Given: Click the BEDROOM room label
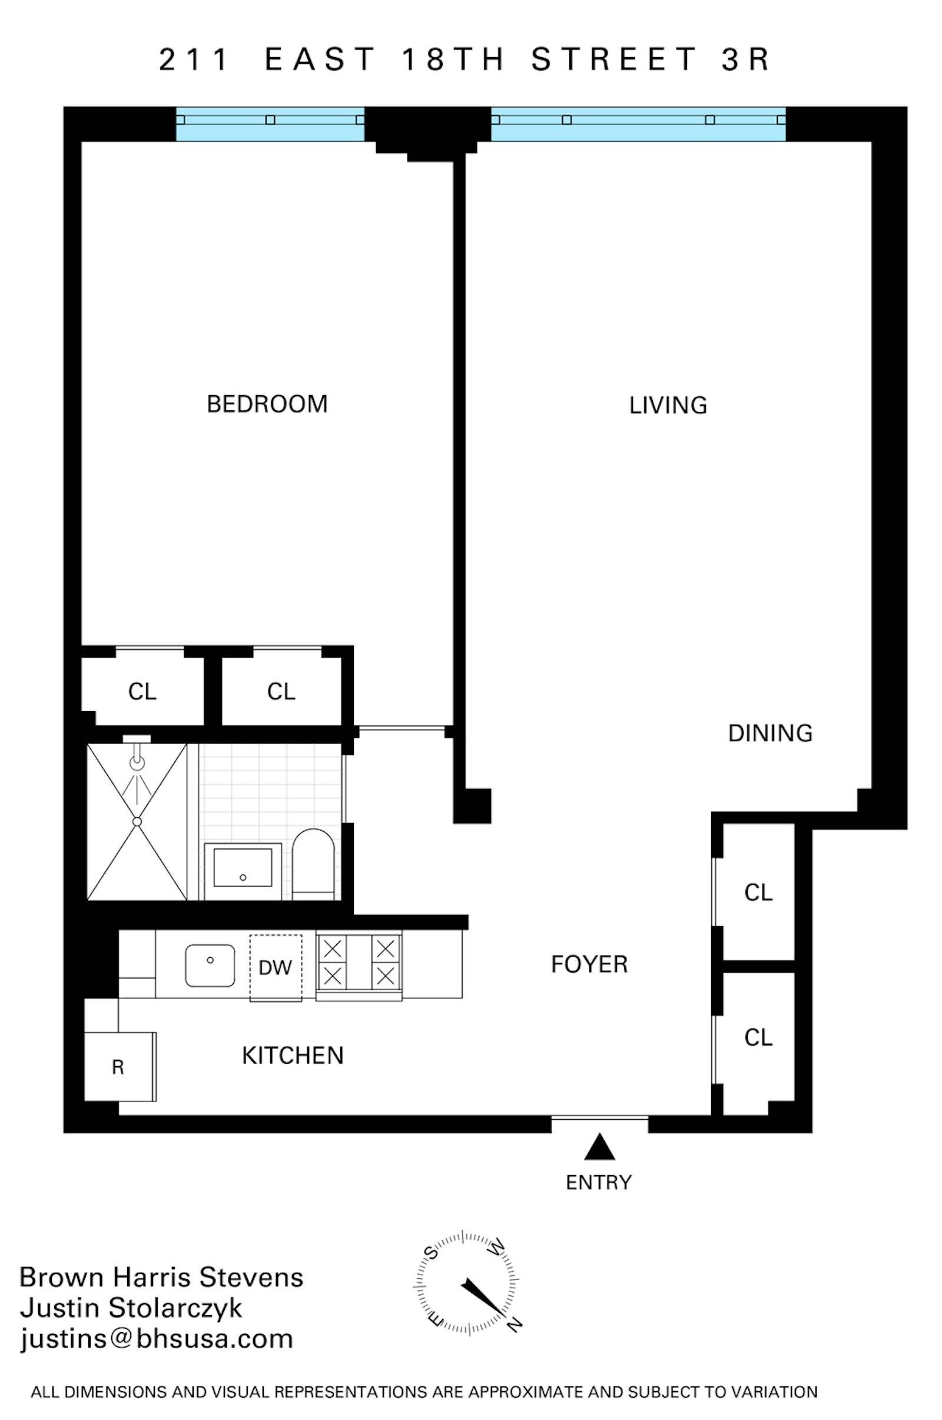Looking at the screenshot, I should [267, 404].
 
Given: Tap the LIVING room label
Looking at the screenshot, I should [668, 406].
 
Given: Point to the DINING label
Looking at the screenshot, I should [770, 734].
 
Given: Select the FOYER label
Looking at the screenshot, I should [589, 965].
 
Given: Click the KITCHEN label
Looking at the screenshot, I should [293, 1056].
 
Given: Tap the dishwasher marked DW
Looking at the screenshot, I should [276, 968].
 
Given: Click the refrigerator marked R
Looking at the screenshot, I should [119, 1067].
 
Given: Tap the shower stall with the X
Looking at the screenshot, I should [137, 821].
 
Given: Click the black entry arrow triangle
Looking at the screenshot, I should [599, 1147].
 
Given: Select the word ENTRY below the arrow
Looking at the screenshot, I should [598, 1182].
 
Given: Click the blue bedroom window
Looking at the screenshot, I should [270, 124].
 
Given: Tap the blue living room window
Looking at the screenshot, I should [638, 124].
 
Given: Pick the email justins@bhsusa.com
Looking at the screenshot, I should [157, 1339].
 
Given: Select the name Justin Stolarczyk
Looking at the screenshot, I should [131, 1308].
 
